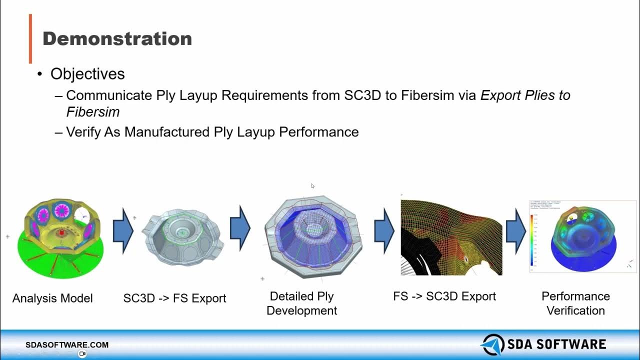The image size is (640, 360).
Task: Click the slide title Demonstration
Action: [117, 38]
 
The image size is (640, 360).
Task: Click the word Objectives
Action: [87, 74]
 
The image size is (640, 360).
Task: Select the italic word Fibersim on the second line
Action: [93, 111]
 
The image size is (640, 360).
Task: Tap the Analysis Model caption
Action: [52, 298]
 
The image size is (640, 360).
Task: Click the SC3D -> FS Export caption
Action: [174, 298]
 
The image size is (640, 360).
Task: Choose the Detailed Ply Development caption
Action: [301, 303]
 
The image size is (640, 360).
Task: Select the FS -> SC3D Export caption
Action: [444, 296]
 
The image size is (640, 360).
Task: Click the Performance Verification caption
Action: [575, 303]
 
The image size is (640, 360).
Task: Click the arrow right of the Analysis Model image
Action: [123, 231]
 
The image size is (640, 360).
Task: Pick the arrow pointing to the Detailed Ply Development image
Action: [240, 228]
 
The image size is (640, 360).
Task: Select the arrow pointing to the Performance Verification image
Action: [515, 231]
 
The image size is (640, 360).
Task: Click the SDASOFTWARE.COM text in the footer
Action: [67, 345]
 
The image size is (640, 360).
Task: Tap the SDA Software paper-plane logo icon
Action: [492, 344]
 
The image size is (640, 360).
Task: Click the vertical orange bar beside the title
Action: [30, 38]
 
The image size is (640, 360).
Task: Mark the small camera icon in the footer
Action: [82, 353]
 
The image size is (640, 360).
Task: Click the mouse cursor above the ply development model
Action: [312, 186]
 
